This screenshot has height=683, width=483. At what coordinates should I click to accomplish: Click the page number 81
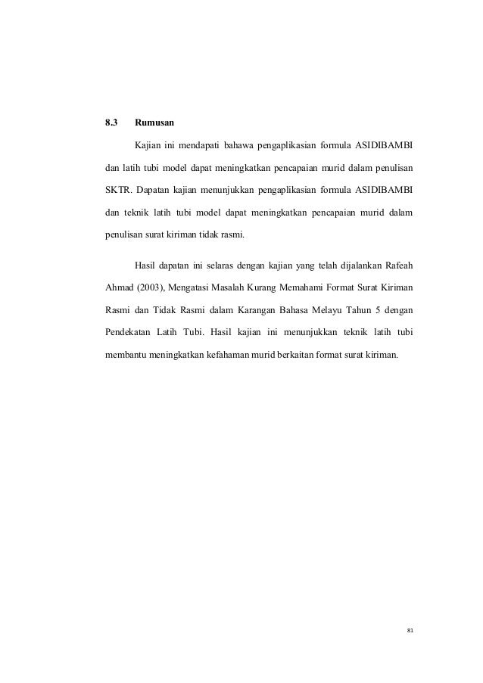[410, 629]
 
